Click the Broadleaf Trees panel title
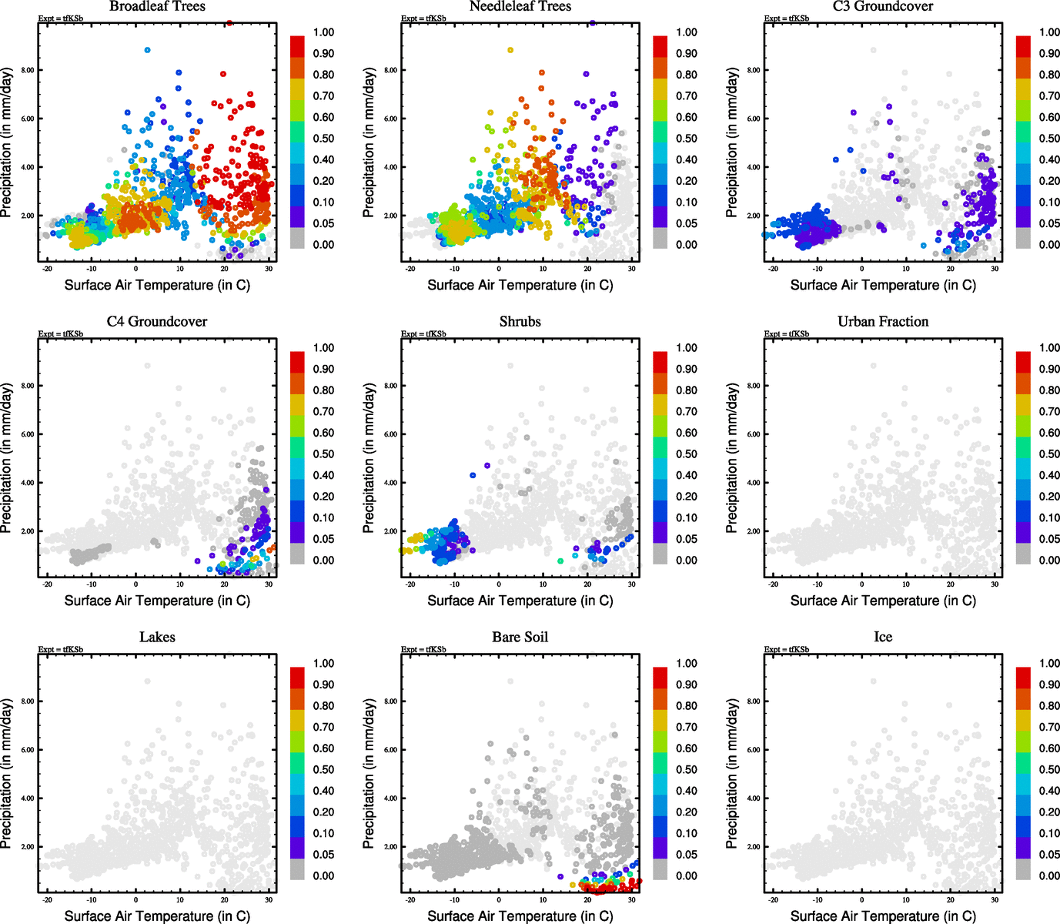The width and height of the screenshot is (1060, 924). pos(157,7)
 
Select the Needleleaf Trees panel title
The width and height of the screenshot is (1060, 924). pos(520,7)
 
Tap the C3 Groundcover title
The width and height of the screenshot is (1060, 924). pos(883,7)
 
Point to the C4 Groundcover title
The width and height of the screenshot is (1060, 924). pos(157,322)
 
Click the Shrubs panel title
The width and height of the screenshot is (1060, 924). pos(520,322)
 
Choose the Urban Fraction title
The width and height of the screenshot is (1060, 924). pos(883,322)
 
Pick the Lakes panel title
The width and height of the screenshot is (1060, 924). pos(157,638)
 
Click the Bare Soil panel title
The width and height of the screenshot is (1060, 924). pos(520,638)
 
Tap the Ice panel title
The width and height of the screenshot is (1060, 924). pos(883,638)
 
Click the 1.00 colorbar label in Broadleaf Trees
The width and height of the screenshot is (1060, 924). pos(323,32)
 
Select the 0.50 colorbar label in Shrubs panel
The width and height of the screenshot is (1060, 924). pos(687,454)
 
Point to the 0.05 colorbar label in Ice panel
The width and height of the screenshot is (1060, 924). pos(1049,855)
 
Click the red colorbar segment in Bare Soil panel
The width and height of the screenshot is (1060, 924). pos(660,678)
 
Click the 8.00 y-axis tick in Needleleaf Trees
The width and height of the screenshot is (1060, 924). pos(391,70)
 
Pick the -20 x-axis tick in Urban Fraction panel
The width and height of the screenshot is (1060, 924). pos(773,584)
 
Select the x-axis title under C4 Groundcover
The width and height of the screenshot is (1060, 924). pos(157,601)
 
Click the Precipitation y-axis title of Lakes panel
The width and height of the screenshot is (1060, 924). pos(8,774)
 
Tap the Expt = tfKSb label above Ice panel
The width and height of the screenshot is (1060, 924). pos(787,650)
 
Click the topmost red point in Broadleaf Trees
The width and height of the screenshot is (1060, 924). pos(229,23)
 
